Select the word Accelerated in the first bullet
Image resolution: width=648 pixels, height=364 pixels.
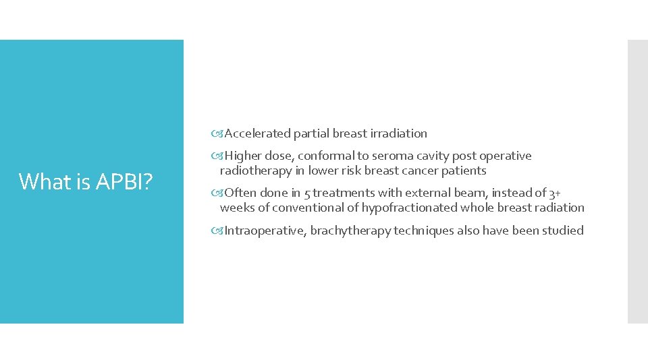pos(256,133)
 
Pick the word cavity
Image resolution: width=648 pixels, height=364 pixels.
pos(420,156)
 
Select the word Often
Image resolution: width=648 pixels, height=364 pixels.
pos(240,193)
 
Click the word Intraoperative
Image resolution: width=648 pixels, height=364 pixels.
pos(265,231)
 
